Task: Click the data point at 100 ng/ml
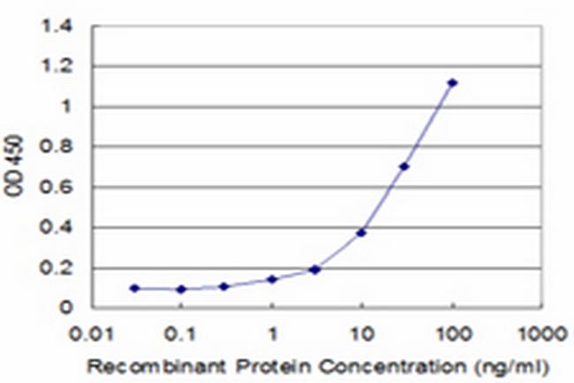click(452, 82)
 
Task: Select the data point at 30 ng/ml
click(404, 166)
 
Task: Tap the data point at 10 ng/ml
click(361, 233)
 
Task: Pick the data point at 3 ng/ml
click(314, 269)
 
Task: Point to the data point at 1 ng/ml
click(273, 280)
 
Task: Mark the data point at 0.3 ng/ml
click(224, 287)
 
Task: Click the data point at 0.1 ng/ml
click(181, 289)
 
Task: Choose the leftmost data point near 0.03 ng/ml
click(134, 288)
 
